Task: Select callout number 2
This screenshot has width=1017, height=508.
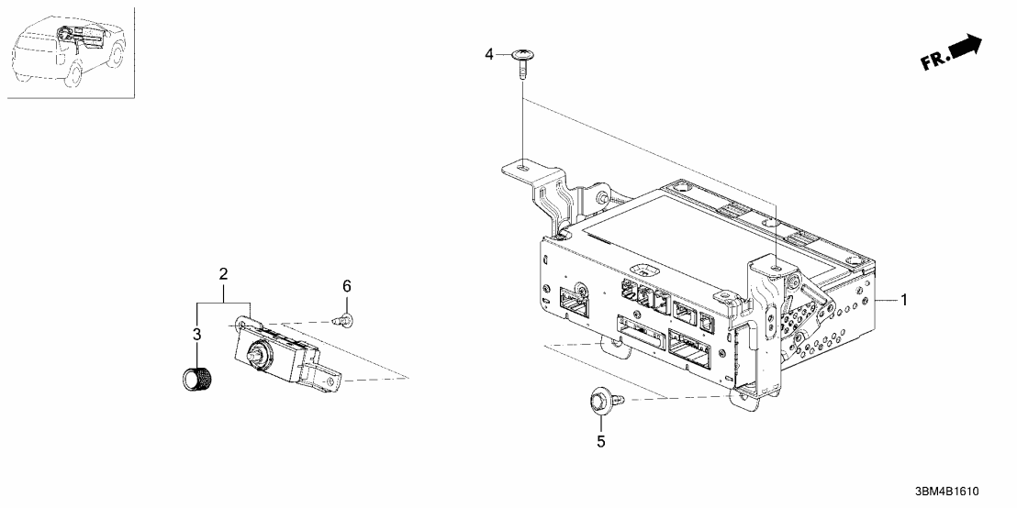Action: point(223,274)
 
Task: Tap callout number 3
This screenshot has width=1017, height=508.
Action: point(196,335)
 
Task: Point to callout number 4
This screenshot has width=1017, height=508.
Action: point(489,55)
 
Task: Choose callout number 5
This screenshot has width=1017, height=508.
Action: point(601,442)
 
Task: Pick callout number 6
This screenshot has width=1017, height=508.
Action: point(347,287)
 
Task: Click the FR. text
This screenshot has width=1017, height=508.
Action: point(933,61)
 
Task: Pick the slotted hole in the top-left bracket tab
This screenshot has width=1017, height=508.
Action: point(521,167)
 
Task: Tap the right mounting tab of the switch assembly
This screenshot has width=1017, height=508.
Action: point(332,377)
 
